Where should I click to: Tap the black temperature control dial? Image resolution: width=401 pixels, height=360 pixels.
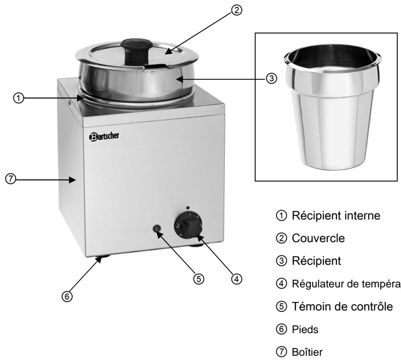click(x=188, y=225)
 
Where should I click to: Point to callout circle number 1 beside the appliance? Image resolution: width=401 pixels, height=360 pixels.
click(x=16, y=98)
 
